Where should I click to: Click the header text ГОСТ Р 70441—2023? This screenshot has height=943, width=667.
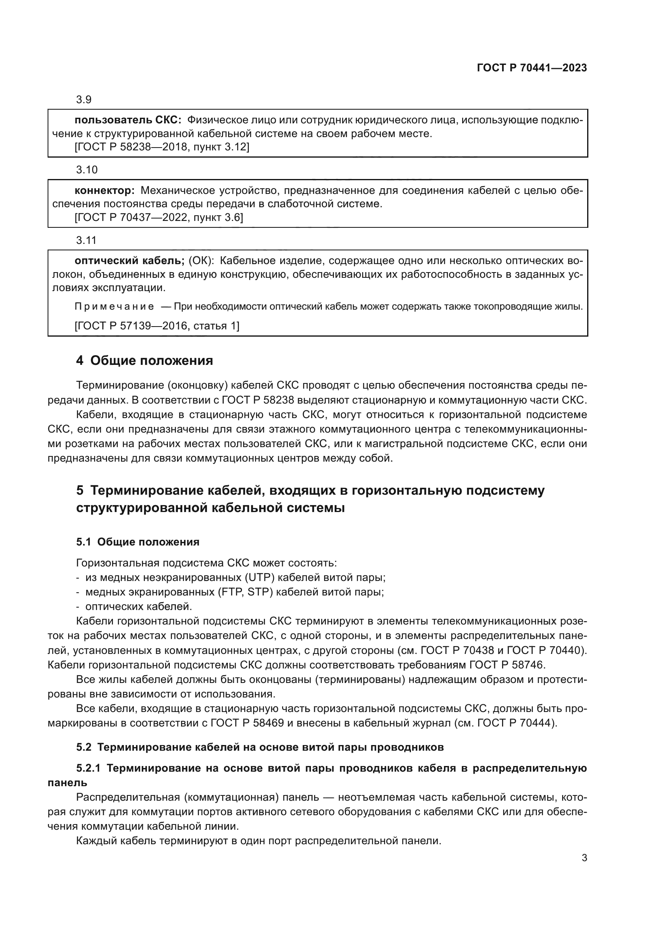[532, 68]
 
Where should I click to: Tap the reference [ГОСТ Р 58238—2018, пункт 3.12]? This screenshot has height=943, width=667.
[162, 147]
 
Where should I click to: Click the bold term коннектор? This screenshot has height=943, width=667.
[104, 191]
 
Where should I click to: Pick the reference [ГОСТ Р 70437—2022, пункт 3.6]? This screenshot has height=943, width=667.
[158, 217]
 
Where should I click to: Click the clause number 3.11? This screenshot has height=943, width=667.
[86, 240]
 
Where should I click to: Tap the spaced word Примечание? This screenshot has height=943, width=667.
[114, 307]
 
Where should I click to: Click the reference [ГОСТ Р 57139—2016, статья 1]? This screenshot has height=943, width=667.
[157, 326]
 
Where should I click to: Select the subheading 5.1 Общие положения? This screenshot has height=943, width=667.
[138, 542]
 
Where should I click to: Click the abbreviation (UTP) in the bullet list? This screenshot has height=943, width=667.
[259, 577]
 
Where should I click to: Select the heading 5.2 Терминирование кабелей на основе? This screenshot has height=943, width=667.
[260, 747]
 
